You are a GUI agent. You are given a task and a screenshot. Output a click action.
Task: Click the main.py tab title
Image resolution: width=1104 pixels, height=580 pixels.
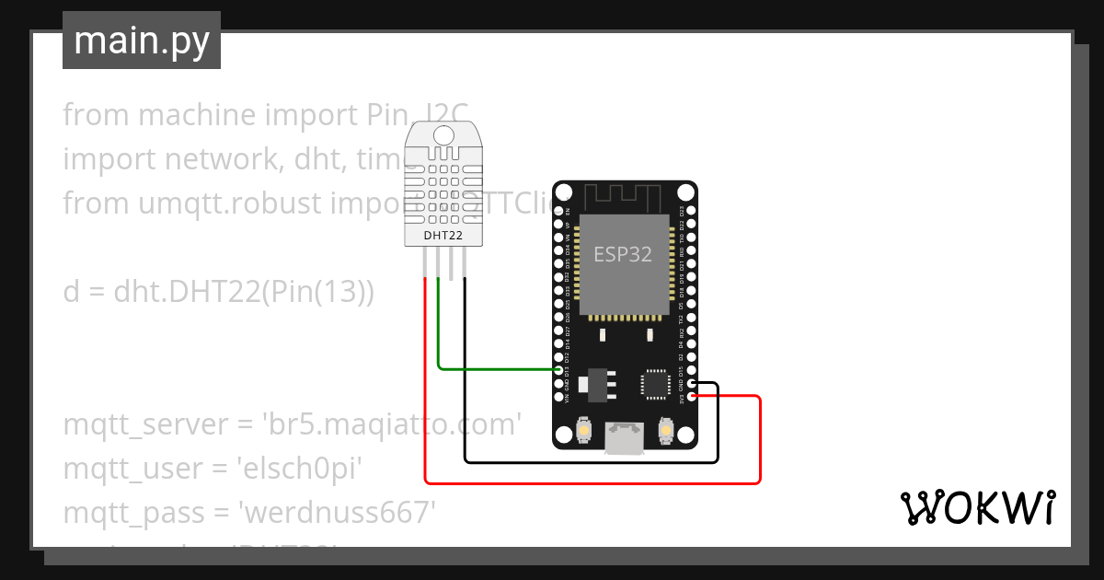point(142,41)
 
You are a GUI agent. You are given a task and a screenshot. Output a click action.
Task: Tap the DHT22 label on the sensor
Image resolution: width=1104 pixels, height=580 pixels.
point(443,236)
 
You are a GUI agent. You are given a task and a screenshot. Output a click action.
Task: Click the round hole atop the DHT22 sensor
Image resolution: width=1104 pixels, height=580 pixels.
point(443,136)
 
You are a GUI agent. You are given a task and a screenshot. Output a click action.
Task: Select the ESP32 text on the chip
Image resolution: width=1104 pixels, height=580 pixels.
point(623,254)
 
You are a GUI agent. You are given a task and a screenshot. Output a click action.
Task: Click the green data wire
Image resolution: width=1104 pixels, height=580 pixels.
point(497,369)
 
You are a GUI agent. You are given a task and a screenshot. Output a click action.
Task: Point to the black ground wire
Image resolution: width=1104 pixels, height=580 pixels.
point(589,460)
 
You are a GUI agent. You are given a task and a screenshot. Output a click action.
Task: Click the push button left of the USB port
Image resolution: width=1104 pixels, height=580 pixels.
point(584,429)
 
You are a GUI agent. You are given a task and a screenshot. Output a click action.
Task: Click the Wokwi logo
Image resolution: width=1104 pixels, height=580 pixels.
point(976,508)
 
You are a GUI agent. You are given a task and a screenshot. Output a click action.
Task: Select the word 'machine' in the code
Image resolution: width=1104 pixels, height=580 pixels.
point(198,115)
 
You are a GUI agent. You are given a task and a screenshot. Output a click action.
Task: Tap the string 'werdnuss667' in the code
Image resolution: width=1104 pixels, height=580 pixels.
point(334,512)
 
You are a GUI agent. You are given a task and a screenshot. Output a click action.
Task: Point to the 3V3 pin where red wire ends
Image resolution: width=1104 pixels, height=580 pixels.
point(691,397)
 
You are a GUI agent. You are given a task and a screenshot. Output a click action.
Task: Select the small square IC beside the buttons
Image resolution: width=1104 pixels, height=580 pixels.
point(656,384)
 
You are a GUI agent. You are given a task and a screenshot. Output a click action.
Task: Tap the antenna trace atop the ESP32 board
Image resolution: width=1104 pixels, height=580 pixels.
point(623,195)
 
